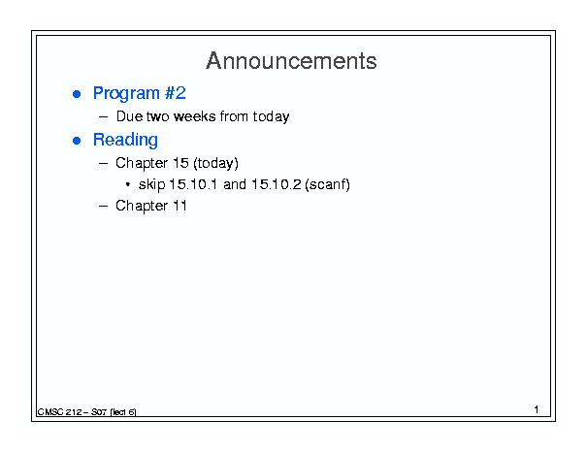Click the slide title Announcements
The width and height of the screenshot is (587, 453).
[291, 61]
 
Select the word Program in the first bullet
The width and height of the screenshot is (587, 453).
[126, 94]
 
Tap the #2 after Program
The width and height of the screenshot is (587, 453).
[176, 93]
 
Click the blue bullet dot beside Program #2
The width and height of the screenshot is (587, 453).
[77, 94]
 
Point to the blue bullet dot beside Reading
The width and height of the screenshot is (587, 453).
[77, 141]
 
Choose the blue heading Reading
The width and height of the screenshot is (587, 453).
[125, 141]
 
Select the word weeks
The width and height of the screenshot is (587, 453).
[195, 116]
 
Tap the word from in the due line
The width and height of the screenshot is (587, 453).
[234, 116]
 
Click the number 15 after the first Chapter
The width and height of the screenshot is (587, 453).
[180, 163]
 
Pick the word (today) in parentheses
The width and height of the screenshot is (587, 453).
[215, 164]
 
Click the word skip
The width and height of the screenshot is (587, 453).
[152, 185]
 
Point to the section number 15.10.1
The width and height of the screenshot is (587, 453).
[193, 184]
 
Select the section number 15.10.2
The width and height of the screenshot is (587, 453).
[277, 184]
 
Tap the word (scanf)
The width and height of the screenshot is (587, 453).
[328, 184]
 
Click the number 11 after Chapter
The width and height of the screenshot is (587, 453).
[179, 206]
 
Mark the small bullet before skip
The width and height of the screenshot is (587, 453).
[128, 184]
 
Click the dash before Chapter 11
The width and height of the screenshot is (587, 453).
[103, 206]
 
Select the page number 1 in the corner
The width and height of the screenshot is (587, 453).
[537, 409]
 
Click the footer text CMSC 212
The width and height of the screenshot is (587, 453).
[59, 412]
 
